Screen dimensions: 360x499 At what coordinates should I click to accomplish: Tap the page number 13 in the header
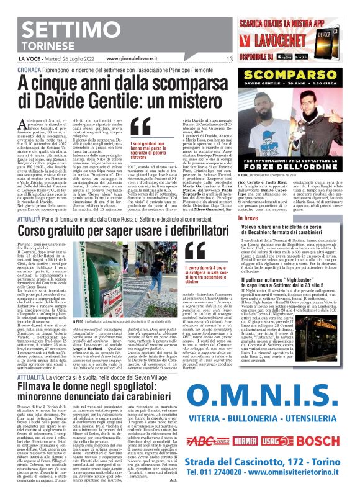(229, 59)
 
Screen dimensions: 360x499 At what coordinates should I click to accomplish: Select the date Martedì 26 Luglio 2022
(74, 59)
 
